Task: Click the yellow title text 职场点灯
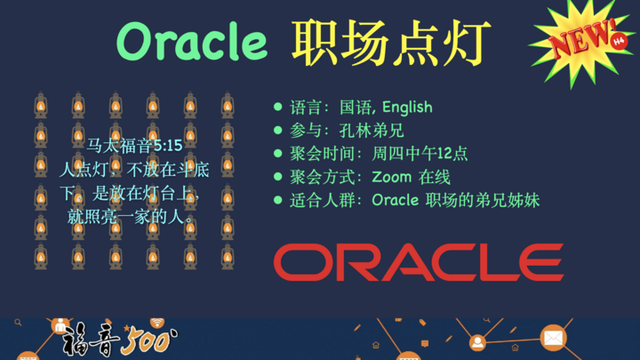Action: pos(391,40)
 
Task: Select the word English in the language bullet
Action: pos(407,108)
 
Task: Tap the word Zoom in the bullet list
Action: pos(392,177)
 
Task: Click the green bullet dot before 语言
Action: pos(278,108)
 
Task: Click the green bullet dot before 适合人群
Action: pos(278,200)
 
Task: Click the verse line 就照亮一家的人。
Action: pos(134,216)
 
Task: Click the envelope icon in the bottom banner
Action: pos(553,339)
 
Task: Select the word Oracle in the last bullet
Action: pos(395,200)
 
